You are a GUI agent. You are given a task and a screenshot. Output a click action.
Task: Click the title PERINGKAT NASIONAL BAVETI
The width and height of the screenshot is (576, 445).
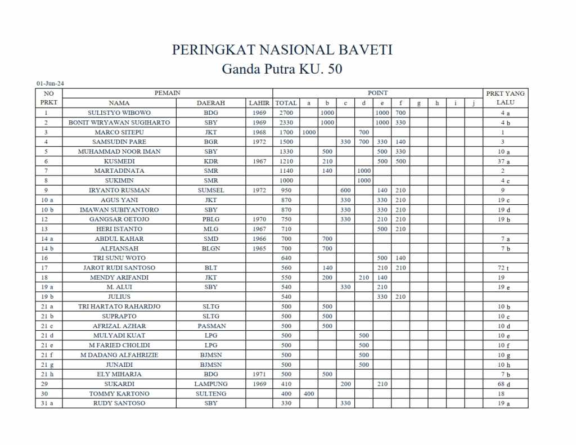pyautogui.click(x=282, y=50)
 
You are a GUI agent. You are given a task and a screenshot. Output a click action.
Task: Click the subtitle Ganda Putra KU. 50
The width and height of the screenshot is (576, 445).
pyautogui.click(x=282, y=69)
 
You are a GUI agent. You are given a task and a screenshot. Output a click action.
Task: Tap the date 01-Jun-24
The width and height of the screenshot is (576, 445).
pyautogui.click(x=50, y=84)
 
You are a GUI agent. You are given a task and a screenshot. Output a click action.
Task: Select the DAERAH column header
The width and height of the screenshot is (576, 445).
pyautogui.click(x=211, y=103)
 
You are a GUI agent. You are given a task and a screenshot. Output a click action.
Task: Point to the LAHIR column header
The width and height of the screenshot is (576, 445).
pyautogui.click(x=259, y=103)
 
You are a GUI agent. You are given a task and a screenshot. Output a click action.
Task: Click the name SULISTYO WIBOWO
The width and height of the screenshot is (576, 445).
pyautogui.click(x=119, y=113)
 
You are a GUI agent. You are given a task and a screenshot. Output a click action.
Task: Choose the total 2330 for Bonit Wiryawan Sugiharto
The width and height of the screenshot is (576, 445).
pyautogui.click(x=286, y=123)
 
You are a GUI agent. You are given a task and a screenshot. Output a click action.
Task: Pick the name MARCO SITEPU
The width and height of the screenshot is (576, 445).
pyautogui.click(x=119, y=132)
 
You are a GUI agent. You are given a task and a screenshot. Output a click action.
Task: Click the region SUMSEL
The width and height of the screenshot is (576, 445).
pyautogui.click(x=211, y=190)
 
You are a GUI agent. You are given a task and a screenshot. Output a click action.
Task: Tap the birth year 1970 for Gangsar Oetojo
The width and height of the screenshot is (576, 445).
pyautogui.click(x=259, y=219)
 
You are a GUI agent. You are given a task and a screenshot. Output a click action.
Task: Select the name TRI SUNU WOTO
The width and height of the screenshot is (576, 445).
pyautogui.click(x=119, y=258)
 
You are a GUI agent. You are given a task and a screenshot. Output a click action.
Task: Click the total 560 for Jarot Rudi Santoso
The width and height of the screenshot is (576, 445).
pyautogui.click(x=286, y=268)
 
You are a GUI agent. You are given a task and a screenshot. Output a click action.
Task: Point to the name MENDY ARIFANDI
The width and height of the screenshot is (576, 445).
pyautogui.click(x=119, y=277)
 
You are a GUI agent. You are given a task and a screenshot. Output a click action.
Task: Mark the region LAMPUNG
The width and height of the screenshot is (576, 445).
pyautogui.click(x=211, y=384)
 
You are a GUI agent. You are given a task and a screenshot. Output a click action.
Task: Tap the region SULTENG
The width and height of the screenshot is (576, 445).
pyautogui.click(x=211, y=394)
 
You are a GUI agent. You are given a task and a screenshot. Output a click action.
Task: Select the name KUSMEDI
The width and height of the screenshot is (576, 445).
pyautogui.click(x=119, y=161)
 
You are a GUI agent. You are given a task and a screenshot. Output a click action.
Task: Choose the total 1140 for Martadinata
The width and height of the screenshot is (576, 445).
pyautogui.click(x=286, y=171)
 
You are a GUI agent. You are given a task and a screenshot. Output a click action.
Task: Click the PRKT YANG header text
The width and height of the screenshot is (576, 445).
pyautogui.click(x=505, y=93)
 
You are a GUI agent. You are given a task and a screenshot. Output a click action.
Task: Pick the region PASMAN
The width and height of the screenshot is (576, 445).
pyautogui.click(x=211, y=326)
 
